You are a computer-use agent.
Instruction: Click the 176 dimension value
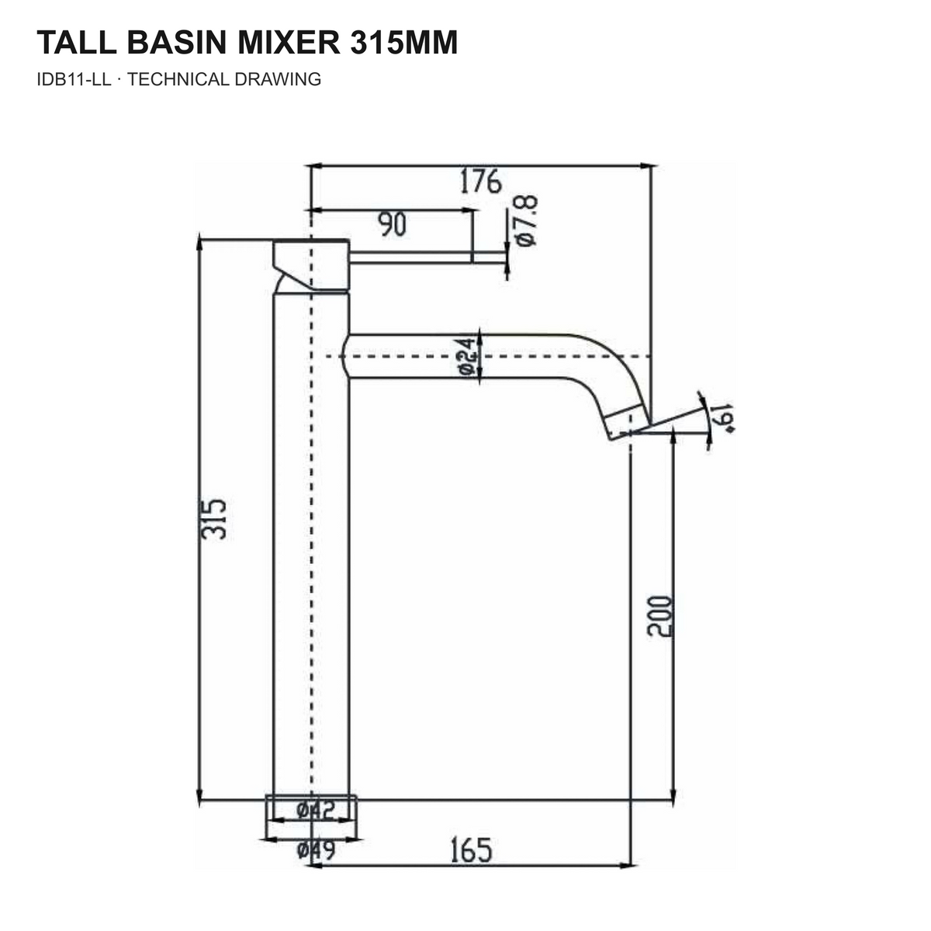480,182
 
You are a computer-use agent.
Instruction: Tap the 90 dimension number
392,223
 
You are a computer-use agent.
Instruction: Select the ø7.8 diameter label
526,221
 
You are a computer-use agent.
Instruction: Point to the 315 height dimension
213,519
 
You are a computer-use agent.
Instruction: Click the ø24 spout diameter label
466,357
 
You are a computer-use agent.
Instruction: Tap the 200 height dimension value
659,616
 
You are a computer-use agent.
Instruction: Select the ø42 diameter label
316,810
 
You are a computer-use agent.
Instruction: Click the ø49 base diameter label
316,850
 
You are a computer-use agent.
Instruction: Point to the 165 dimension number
471,850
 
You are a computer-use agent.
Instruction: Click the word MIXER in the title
289,43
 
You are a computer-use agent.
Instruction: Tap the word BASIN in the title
176,43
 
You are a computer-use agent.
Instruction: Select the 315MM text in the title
403,43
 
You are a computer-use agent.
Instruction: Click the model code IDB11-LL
74,79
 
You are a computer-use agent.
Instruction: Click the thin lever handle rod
427,258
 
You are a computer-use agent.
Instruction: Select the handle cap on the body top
311,265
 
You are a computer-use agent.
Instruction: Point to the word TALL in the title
76,43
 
